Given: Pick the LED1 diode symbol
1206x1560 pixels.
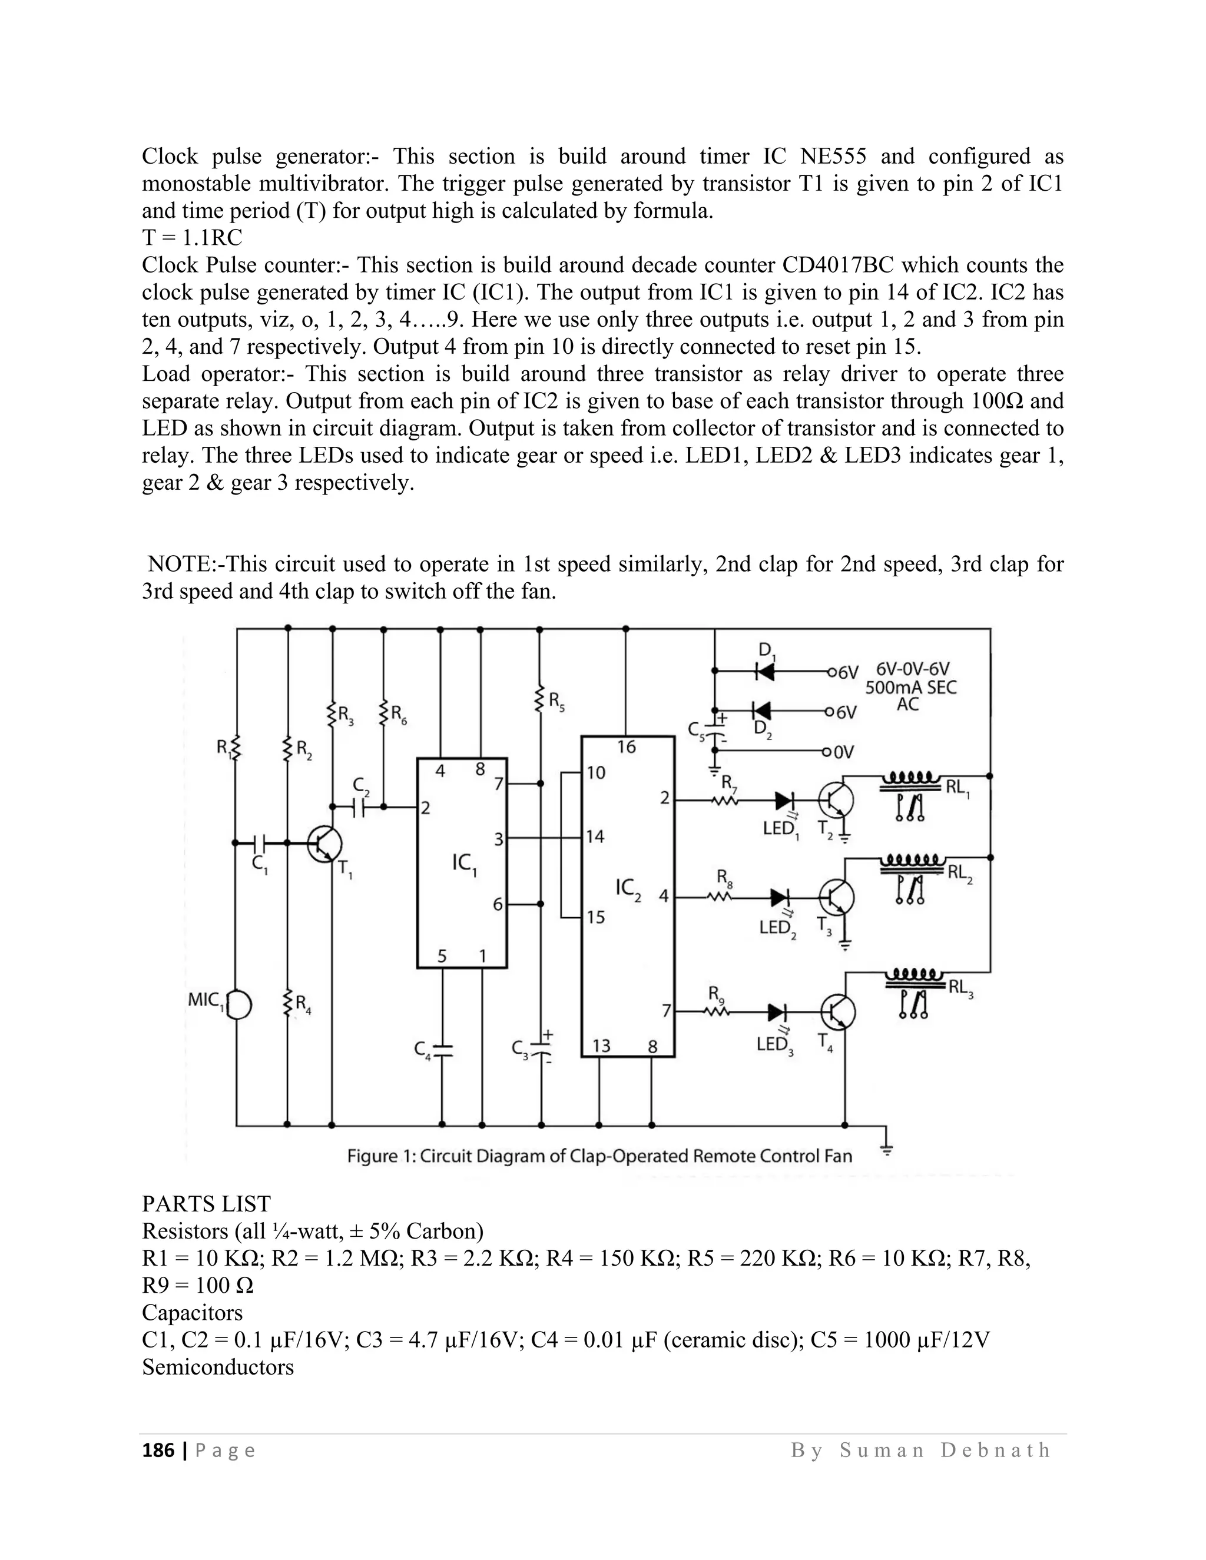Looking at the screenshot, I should click(x=784, y=801).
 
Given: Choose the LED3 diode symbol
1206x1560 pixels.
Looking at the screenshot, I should click(x=777, y=1012).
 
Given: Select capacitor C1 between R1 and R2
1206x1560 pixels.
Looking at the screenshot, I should click(x=260, y=843).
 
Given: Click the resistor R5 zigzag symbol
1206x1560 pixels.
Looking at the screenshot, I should click(x=540, y=700).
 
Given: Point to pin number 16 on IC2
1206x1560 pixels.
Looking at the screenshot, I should click(x=626, y=747).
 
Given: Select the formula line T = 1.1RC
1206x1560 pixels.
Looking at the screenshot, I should click(x=192, y=238).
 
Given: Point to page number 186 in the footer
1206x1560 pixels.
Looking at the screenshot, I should click(x=158, y=1450).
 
